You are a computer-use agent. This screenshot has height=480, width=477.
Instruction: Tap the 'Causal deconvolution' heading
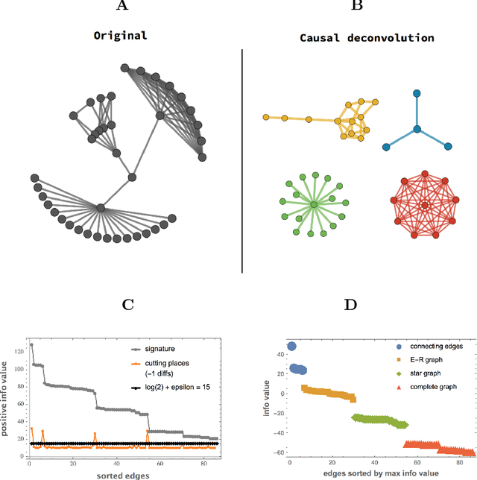(x=361, y=37)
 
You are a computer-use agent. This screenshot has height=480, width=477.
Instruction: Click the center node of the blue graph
(x=418, y=129)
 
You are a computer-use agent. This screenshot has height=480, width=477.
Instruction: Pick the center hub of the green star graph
(x=314, y=203)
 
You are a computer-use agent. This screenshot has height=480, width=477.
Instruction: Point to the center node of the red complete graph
(x=424, y=204)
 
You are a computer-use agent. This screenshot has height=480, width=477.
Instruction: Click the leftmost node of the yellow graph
(x=265, y=117)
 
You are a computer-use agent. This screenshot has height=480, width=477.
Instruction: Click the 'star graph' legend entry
(x=420, y=373)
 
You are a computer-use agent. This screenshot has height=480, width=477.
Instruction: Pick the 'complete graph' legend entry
(x=427, y=387)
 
